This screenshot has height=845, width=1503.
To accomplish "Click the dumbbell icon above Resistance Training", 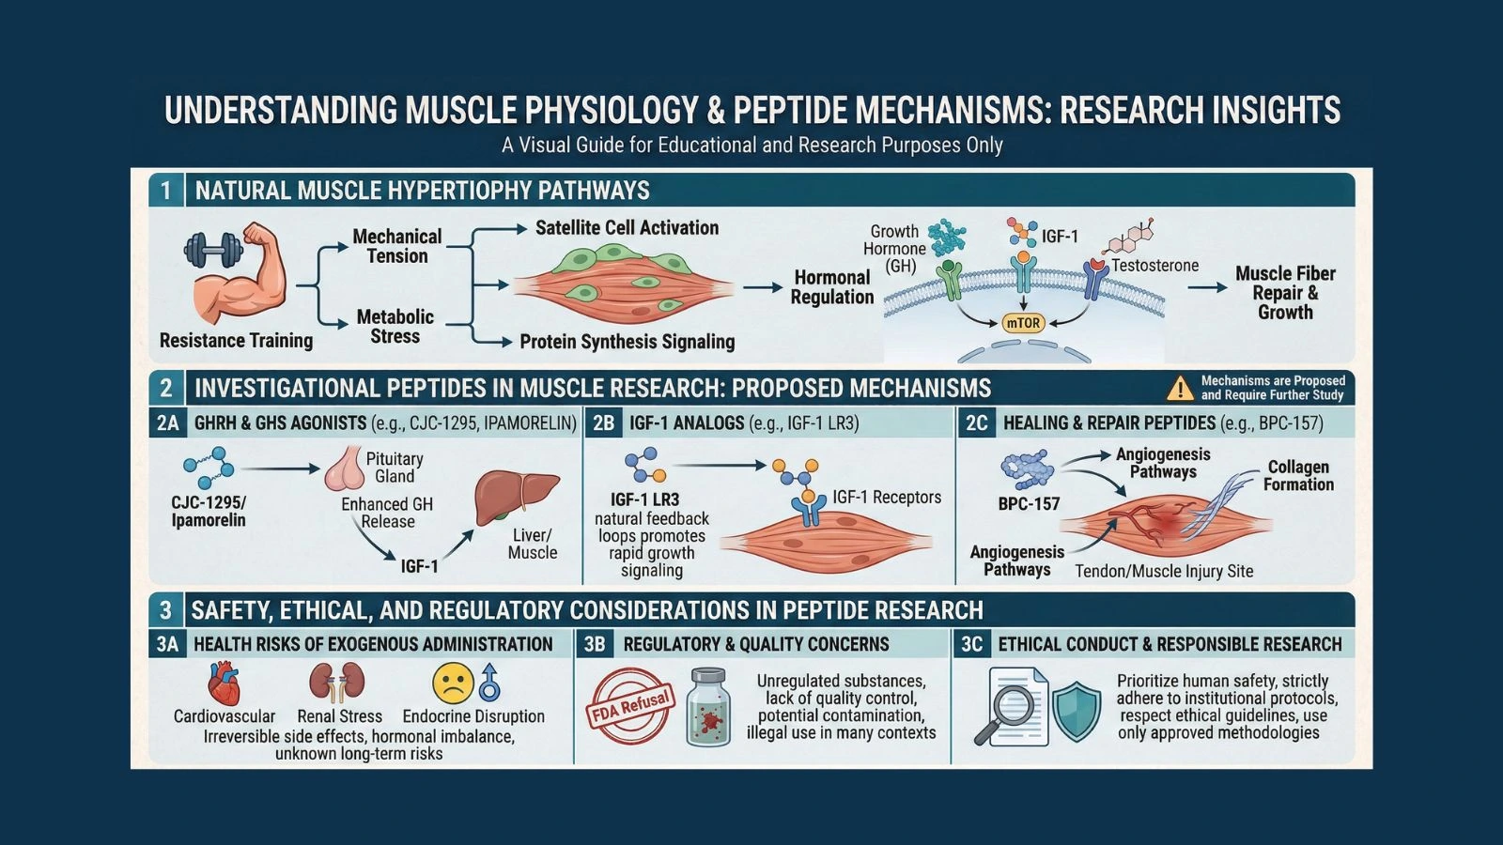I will pos(212,250).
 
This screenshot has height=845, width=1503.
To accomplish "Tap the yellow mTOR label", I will pos(1023,323).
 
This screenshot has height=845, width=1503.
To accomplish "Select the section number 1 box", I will pos(166,191).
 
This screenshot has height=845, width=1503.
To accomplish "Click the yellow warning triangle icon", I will pos(1179,388).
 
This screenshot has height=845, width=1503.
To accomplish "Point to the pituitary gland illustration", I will pos(344,469).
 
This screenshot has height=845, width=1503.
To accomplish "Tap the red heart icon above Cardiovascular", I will pos(224,684).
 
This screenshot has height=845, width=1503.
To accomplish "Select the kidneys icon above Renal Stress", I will pos(337,683).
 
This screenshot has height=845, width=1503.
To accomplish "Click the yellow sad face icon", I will pos(453,684).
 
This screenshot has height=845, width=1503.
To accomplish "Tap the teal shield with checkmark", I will pos(1076,711).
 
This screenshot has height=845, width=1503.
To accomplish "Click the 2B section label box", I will pos(603,423).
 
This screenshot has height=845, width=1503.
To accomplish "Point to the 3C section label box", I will pos(971,644).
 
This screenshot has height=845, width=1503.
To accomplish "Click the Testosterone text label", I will pos(1154,266).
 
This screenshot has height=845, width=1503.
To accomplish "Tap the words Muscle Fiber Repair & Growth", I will pos(1285,293).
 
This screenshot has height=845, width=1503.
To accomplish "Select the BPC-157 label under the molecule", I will pos(1029,504).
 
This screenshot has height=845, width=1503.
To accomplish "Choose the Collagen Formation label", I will pos(1298,476).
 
